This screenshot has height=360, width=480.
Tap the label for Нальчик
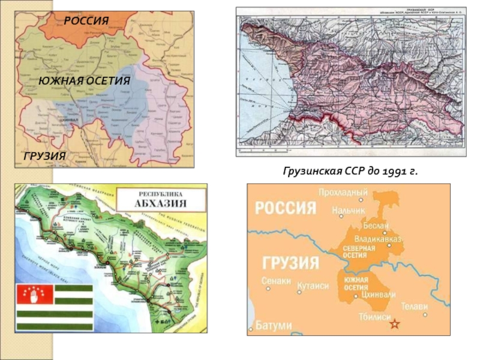pos(348,211)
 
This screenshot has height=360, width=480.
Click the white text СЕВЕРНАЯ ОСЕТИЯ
pos(359,251)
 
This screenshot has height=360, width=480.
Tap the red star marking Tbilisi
pos(394,325)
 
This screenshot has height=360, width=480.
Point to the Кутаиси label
pos(313,286)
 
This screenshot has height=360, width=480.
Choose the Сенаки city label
pos(276,280)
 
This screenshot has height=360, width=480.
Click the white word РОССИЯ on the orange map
pos(285,208)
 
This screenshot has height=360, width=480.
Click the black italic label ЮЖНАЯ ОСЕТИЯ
pos(84,80)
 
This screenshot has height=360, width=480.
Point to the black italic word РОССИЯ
pos(86,21)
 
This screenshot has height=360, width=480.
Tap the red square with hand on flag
pos(30,295)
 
